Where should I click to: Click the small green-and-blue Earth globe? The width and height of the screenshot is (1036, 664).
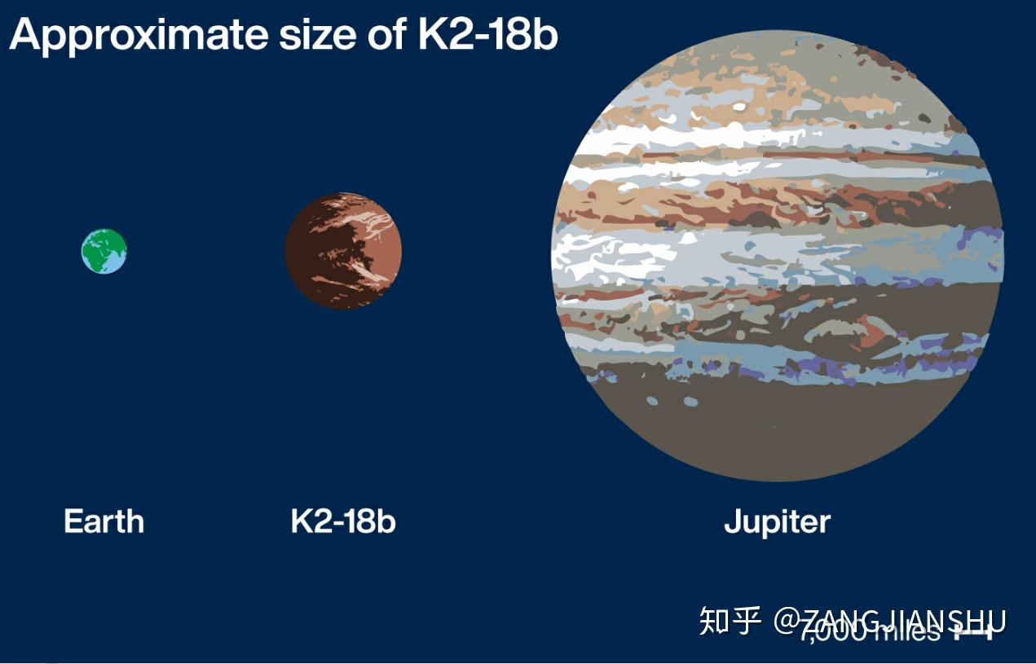(104, 251)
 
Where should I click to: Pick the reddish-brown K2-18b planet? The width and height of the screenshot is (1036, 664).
(343, 251)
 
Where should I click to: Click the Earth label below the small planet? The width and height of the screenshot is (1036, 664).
(104, 521)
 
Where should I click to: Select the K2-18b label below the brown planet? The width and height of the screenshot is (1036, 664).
(343, 521)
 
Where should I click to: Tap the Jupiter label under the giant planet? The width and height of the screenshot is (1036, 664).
(777, 521)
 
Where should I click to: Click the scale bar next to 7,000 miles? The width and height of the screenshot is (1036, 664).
(975, 631)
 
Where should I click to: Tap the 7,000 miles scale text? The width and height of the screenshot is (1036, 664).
(872, 631)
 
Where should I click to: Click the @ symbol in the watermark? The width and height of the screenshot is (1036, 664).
(788, 621)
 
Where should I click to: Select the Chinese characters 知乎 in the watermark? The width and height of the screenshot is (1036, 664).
(730, 621)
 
